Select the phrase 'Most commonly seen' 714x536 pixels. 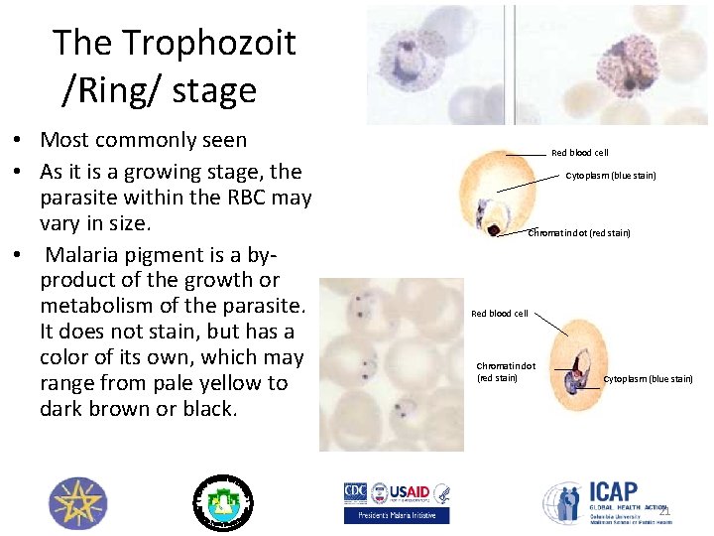(x=144, y=140)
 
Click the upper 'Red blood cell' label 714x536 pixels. (x=579, y=153)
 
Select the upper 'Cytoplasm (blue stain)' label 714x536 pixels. (x=611, y=176)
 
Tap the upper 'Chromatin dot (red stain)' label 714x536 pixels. (x=579, y=233)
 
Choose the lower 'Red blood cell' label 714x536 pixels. (x=499, y=314)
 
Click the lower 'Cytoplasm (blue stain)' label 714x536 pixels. (x=649, y=379)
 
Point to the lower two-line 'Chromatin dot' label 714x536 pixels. (x=505, y=371)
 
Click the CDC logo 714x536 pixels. (x=356, y=492)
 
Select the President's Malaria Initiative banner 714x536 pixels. (x=396, y=515)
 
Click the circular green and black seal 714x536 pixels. (x=222, y=502)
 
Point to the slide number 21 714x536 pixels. (x=664, y=511)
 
